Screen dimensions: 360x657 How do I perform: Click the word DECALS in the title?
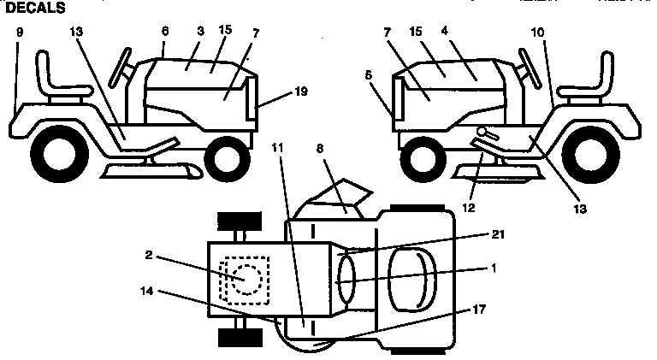click(34, 8)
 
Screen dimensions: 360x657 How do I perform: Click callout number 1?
click(491, 268)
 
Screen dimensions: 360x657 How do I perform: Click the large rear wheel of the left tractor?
click(60, 152)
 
